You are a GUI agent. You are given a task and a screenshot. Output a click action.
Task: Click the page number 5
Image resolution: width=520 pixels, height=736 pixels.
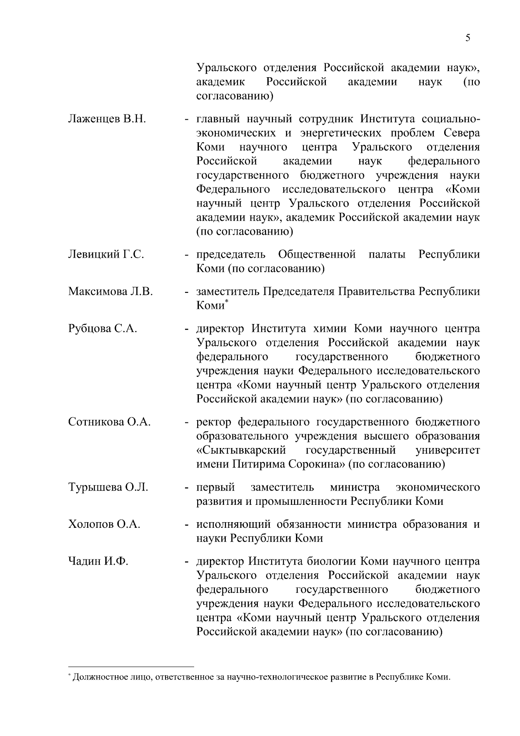(468, 38)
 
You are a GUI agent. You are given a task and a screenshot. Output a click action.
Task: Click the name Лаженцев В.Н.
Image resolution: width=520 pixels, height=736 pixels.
(107, 119)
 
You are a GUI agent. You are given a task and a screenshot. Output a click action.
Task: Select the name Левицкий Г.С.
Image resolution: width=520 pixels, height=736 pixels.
(106, 254)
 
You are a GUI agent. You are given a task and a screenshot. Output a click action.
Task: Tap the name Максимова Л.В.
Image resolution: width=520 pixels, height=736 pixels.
(110, 291)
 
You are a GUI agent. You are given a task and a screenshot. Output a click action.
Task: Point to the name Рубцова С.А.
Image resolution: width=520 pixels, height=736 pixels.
(103, 329)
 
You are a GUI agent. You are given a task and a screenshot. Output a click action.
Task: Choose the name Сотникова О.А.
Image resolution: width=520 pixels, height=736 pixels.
(109, 422)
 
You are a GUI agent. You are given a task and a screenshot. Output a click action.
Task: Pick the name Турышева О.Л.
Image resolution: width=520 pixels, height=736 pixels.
(108, 487)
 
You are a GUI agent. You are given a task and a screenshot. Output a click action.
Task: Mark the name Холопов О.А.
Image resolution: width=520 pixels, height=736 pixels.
(104, 524)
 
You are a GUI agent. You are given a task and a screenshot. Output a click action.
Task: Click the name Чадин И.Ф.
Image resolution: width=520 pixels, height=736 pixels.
(98, 562)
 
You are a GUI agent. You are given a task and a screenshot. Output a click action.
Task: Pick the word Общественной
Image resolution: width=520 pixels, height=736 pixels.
(317, 254)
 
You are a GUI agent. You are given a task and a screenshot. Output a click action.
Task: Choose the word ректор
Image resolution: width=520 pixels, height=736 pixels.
(214, 422)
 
